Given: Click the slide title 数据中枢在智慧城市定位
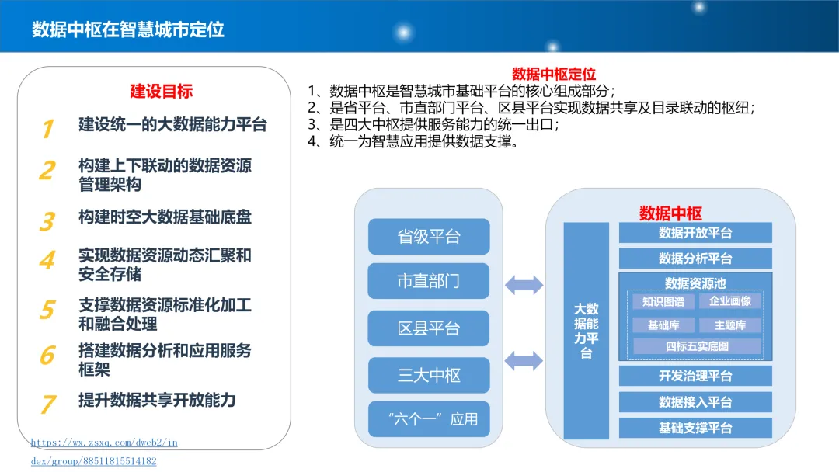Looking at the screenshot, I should (x=128, y=29).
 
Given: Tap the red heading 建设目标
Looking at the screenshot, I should (x=161, y=91).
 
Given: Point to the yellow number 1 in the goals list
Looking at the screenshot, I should (x=47, y=128).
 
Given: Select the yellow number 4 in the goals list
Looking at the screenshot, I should (x=47, y=259).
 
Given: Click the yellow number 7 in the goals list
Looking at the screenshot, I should (x=47, y=404).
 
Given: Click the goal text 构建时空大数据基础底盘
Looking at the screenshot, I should (x=165, y=217).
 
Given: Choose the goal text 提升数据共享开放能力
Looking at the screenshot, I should (x=157, y=400).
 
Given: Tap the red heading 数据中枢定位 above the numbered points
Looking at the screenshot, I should (x=555, y=74).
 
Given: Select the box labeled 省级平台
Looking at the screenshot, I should (x=429, y=237).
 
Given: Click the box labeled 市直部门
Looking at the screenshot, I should (x=429, y=281).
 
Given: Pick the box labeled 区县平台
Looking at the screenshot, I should (x=429, y=328).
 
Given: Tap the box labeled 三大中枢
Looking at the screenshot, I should (x=429, y=376).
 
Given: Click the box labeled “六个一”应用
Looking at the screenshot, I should (x=429, y=419).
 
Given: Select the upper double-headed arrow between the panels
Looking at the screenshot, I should (x=524, y=285).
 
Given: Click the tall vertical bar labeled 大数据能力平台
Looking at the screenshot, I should (x=587, y=331).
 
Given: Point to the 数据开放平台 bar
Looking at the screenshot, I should (x=695, y=233).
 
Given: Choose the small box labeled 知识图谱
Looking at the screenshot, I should (x=664, y=301).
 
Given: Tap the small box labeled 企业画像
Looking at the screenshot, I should (x=730, y=301).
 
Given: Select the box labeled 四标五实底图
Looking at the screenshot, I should (x=697, y=346).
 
